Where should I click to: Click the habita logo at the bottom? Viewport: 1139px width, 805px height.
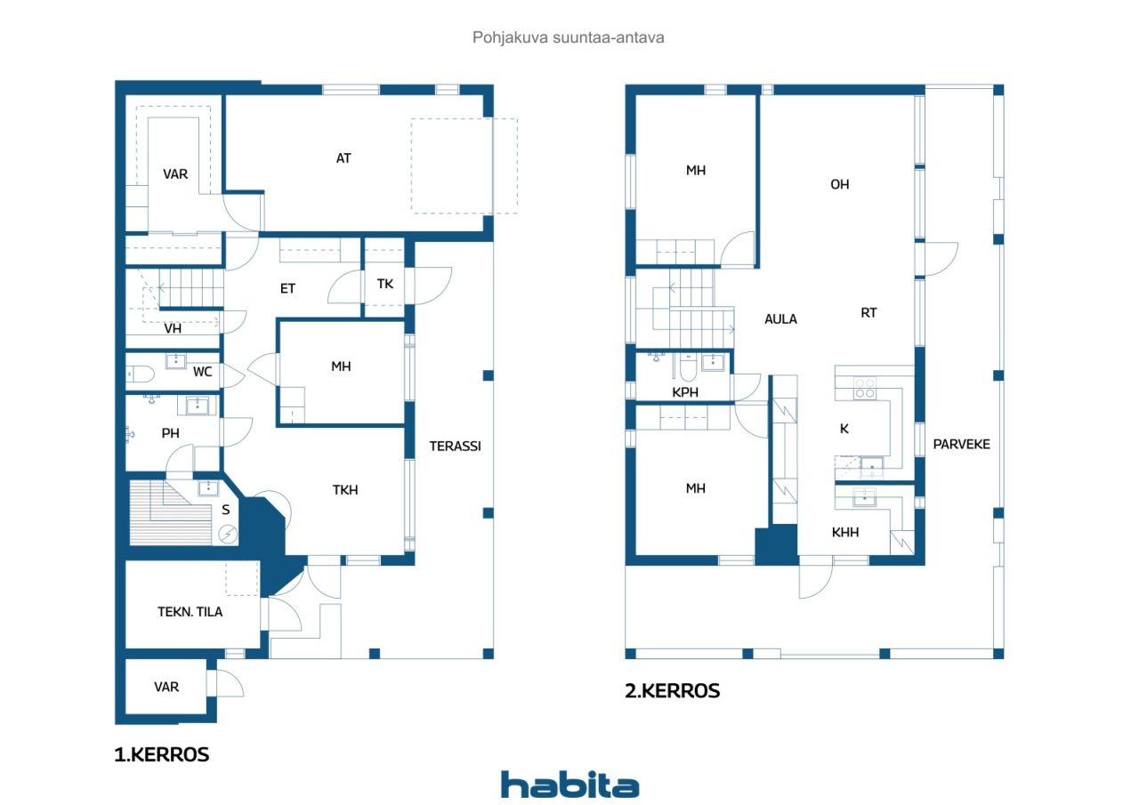click(569, 785)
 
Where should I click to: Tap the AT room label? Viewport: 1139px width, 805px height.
click(343, 158)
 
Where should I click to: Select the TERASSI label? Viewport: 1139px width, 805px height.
click(455, 447)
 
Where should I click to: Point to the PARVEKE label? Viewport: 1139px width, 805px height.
click(962, 445)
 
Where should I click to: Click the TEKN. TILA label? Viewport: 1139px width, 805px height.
click(190, 612)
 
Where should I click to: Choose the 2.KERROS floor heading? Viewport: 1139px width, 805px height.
click(672, 691)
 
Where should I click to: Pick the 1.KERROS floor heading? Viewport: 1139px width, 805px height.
click(162, 754)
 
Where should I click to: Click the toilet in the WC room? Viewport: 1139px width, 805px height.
click(140, 374)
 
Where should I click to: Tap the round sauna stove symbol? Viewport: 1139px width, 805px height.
click(228, 534)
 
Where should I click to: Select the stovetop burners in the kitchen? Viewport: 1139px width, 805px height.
click(864, 389)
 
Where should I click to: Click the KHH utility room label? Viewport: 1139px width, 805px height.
click(845, 533)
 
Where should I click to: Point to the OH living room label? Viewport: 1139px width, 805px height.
click(839, 184)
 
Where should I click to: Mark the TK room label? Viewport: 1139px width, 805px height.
click(385, 284)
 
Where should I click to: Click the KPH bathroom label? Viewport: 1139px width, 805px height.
click(685, 392)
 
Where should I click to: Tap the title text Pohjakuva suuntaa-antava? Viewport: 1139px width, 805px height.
click(569, 37)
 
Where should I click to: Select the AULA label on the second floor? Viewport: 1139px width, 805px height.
click(780, 319)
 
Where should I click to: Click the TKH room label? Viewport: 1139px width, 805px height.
click(345, 490)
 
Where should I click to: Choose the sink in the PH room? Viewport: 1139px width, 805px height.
click(198, 406)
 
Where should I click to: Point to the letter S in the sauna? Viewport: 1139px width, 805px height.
click(226, 510)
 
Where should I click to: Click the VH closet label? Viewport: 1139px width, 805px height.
click(173, 329)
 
